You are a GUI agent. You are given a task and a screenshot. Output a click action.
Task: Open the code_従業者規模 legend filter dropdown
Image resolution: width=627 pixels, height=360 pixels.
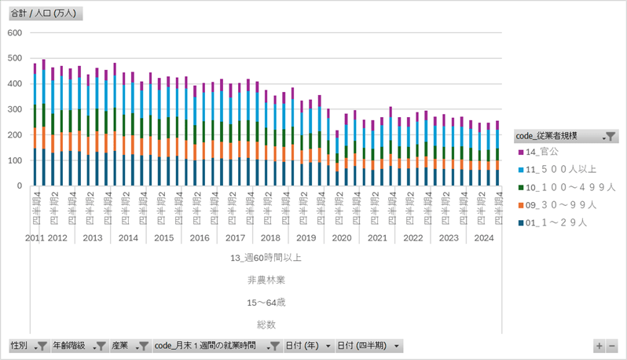click(610, 137)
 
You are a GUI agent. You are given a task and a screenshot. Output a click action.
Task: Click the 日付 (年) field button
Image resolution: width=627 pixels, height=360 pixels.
click(307, 346)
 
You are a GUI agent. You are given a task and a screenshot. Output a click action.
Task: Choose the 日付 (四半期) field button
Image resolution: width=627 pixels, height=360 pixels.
click(368, 346)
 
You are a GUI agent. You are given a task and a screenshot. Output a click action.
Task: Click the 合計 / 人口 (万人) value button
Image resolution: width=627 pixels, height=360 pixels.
click(45, 14)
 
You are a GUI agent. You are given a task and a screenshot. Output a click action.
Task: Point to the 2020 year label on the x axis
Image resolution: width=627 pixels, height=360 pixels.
click(342, 237)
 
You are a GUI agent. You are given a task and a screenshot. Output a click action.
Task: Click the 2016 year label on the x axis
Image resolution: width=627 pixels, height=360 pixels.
click(200, 237)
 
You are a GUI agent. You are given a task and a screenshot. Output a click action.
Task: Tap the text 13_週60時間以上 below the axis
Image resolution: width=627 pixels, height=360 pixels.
click(266, 257)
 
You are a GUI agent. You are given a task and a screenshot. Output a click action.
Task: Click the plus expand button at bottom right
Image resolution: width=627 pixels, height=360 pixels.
click(599, 346)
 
